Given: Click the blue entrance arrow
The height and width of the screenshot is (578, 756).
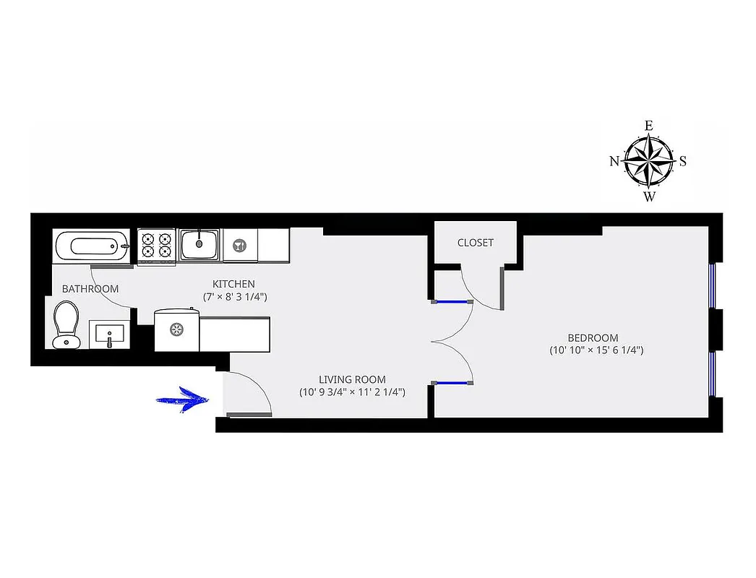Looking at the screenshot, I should (184, 400).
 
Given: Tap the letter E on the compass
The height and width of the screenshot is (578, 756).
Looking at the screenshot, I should (649, 126).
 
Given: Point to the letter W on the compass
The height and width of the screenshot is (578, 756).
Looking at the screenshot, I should (649, 196).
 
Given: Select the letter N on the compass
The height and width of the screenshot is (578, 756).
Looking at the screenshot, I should (614, 161).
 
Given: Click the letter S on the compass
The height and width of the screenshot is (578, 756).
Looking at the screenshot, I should (683, 161).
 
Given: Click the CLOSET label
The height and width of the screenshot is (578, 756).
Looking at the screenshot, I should (476, 243).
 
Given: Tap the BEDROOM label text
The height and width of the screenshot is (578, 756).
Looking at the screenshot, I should (593, 337).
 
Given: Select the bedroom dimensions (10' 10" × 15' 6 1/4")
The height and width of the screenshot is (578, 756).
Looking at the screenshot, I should (596, 350).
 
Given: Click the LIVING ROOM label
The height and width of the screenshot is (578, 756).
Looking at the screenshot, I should (352, 379).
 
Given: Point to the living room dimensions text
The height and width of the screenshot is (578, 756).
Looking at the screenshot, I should (352, 392).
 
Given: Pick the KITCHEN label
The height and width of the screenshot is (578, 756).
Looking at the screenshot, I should (233, 284).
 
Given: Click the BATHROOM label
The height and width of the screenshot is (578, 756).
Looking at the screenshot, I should (90, 289).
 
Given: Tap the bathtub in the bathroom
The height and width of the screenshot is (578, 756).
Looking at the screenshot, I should (91, 246).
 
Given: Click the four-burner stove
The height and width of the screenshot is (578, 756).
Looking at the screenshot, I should (156, 244).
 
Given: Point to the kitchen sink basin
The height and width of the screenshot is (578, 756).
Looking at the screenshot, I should (199, 243).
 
